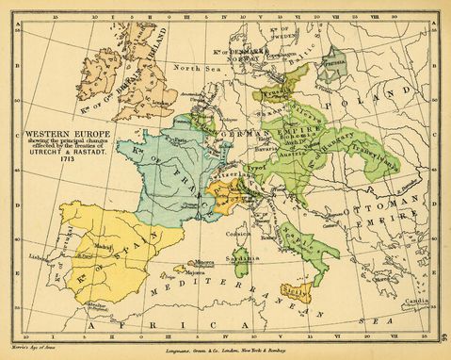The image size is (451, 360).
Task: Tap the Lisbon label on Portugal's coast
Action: (38, 255)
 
